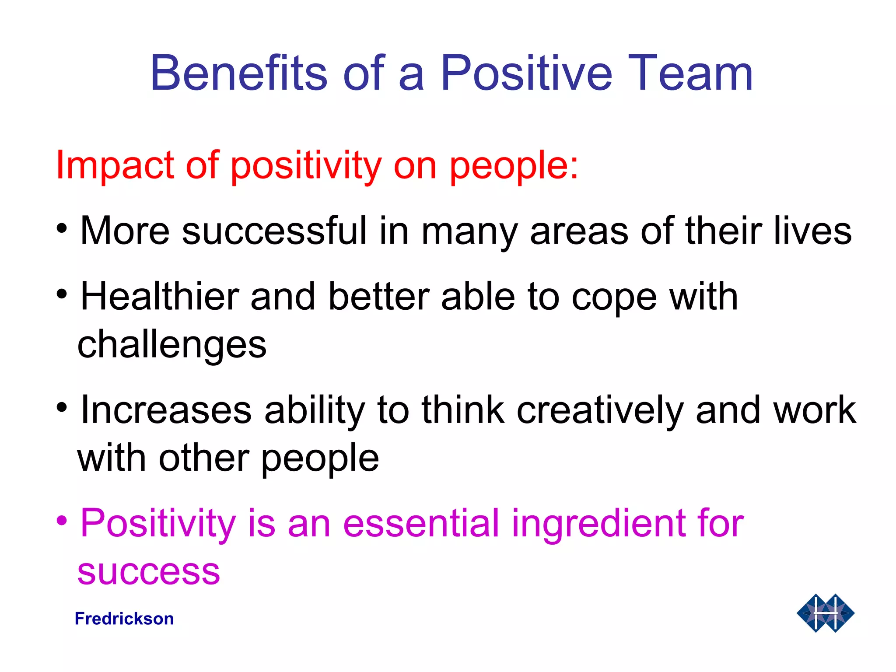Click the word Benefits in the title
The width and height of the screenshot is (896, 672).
pyautogui.click(x=239, y=73)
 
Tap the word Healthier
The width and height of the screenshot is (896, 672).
pyautogui.click(x=160, y=296)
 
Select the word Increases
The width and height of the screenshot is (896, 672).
pyautogui.click(x=166, y=410)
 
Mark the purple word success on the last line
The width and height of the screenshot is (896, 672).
pyautogui.click(x=149, y=572)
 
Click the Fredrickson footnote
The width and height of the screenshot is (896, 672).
pyautogui.click(x=124, y=619)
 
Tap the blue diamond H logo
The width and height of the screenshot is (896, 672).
pyautogui.click(x=825, y=613)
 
